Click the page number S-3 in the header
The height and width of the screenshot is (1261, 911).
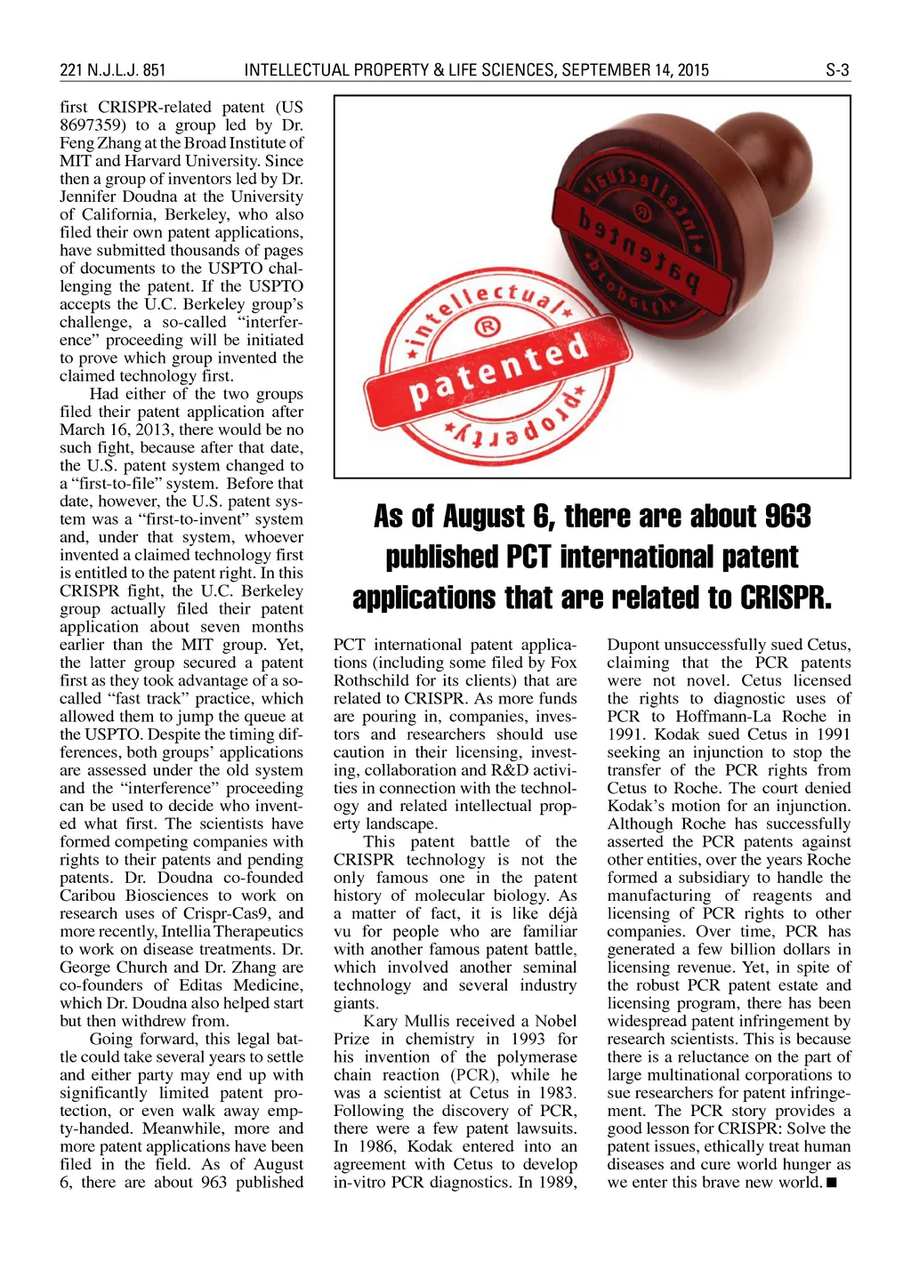coord(837,70)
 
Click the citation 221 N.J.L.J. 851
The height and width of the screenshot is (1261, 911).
coord(113,70)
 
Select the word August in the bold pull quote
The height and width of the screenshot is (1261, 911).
coord(484,516)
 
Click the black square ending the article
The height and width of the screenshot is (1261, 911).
coord(831,1183)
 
